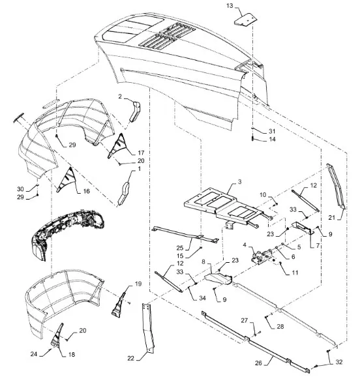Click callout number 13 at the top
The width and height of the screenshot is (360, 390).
230,5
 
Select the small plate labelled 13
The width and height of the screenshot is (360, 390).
245,20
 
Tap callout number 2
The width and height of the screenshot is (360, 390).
120,97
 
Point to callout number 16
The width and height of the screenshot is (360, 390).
86,191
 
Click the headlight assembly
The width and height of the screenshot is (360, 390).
68,234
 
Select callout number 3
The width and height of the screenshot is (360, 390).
239,182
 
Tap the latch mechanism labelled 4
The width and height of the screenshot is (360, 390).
262,256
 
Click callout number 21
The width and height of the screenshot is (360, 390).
332,218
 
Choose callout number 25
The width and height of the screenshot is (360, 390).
180,248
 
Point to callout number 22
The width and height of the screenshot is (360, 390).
130,359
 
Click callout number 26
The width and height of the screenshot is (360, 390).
258,363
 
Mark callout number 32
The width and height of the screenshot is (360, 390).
339,362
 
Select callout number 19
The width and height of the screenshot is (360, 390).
138,284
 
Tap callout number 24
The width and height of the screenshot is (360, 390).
33,353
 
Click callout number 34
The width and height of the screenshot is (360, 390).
203,298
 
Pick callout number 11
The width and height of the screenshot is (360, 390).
295,273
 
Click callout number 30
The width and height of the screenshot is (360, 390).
20,189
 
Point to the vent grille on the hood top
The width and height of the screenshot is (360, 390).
167,35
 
